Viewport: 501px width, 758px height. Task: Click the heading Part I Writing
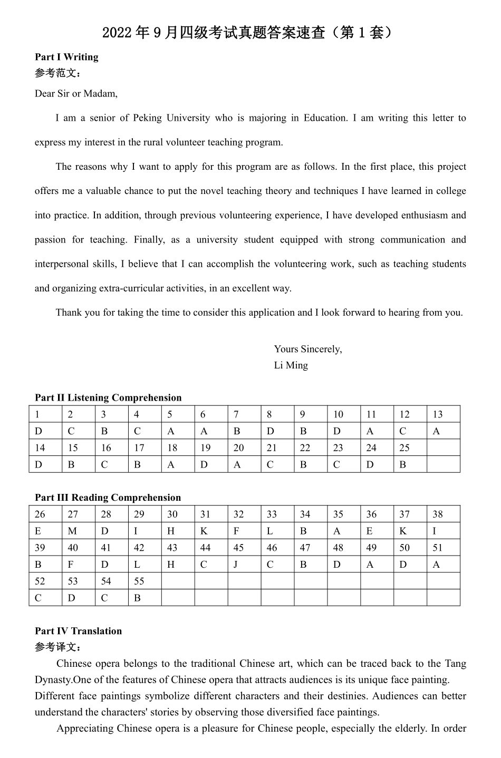click(x=66, y=57)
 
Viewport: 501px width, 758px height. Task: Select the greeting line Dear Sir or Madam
click(x=76, y=94)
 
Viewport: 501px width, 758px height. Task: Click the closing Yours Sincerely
click(x=307, y=349)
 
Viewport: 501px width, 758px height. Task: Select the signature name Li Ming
click(x=291, y=365)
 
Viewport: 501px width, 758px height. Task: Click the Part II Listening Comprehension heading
click(x=108, y=398)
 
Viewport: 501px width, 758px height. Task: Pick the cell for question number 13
click(x=443, y=414)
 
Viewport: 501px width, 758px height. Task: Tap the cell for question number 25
click(x=410, y=448)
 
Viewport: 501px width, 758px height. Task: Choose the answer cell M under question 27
click(x=79, y=531)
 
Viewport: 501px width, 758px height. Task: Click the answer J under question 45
click(x=244, y=565)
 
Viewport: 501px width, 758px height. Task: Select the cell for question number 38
click(x=443, y=514)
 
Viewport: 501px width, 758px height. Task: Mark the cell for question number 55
click(x=144, y=581)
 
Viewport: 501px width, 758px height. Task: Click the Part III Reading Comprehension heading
click(x=108, y=498)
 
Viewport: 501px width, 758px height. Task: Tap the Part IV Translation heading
click(x=78, y=631)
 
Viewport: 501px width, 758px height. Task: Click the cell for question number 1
click(x=45, y=414)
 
